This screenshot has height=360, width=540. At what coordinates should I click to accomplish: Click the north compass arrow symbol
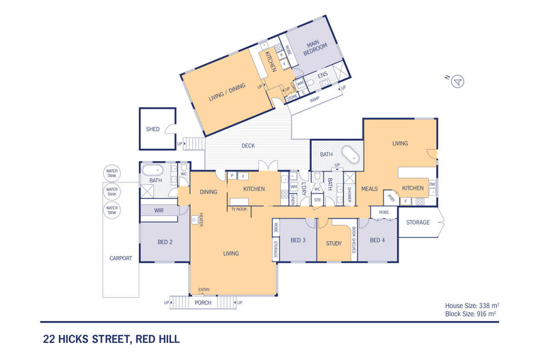coord(459,81)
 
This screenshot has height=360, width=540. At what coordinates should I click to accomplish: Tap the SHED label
coord(152,128)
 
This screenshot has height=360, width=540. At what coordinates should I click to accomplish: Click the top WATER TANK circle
coord(112,174)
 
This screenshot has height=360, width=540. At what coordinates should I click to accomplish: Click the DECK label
coord(248,146)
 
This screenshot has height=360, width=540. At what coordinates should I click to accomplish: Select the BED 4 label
coord(377,240)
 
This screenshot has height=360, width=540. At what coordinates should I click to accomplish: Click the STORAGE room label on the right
coord(418,223)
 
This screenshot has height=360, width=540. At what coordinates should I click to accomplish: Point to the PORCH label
coord(202,302)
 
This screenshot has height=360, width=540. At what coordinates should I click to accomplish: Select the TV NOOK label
coord(238,208)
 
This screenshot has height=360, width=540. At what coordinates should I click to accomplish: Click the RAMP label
coord(314,100)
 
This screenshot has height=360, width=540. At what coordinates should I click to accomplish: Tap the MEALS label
coord(369,189)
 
